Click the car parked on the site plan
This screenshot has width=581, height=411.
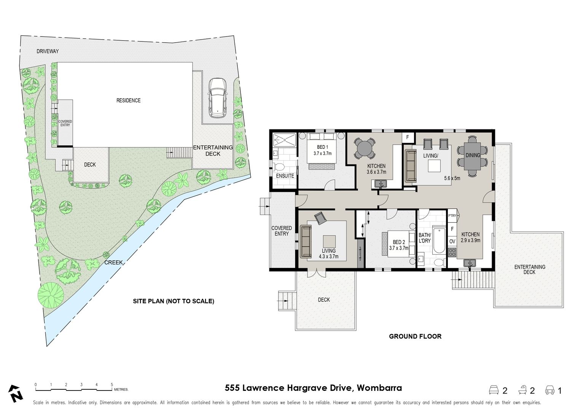(x=218, y=98)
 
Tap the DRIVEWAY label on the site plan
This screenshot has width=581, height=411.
(x=48, y=51)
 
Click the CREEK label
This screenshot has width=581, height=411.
(x=113, y=262)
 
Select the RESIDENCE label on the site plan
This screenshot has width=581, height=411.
(x=128, y=100)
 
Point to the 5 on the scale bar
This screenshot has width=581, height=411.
(x=112, y=384)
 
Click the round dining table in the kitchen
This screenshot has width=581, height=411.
(x=365, y=148)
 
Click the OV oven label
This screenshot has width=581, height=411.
(x=452, y=242)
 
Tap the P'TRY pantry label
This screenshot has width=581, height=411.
(x=452, y=216)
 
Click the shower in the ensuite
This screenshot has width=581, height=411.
(x=284, y=140)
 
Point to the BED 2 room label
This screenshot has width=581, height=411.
(x=399, y=242)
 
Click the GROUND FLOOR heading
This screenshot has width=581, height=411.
(x=415, y=336)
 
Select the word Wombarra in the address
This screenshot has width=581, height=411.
(x=379, y=388)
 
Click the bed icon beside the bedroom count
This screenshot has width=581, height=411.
(x=493, y=390)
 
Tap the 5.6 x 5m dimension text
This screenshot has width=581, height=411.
(x=452, y=178)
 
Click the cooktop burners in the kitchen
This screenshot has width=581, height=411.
(x=452, y=252)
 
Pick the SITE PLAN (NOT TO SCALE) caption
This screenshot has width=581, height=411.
(x=174, y=301)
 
